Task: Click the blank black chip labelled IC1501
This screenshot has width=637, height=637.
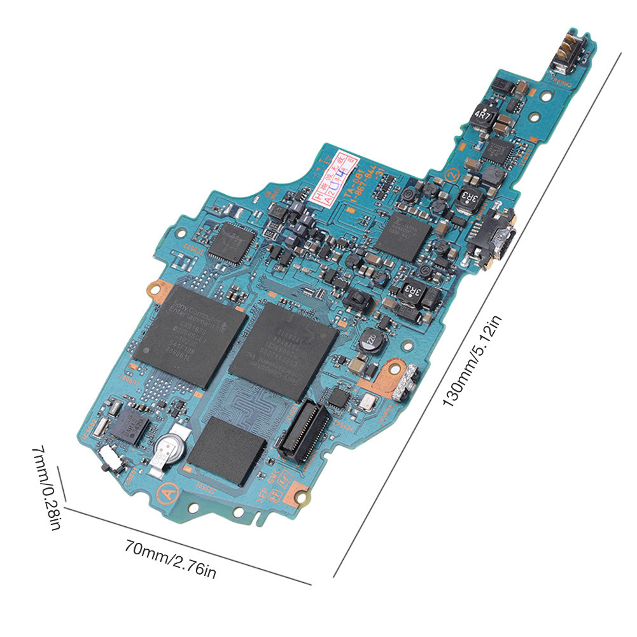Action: tap(226, 450)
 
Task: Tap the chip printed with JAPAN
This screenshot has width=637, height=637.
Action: tap(403, 235)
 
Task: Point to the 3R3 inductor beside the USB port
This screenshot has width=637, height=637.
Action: tap(468, 201)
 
